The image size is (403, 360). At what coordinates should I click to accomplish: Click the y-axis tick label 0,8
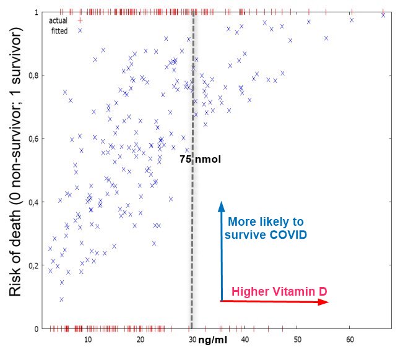[35, 76]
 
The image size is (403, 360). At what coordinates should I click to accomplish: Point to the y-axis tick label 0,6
[35, 139]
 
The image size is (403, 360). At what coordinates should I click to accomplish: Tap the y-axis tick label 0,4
[35, 202]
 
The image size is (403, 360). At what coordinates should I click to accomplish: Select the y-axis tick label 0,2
[35, 265]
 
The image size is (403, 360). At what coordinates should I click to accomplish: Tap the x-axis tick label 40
[245, 340]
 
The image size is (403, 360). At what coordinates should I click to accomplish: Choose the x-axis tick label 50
[298, 340]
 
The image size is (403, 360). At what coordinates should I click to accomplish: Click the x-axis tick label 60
[350, 340]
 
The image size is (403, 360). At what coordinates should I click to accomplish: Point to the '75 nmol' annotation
[200, 159]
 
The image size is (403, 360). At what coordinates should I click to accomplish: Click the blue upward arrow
[221, 247]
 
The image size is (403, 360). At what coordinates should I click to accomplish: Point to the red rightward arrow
[272, 301]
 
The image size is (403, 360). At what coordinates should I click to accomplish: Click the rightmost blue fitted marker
[383, 15]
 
